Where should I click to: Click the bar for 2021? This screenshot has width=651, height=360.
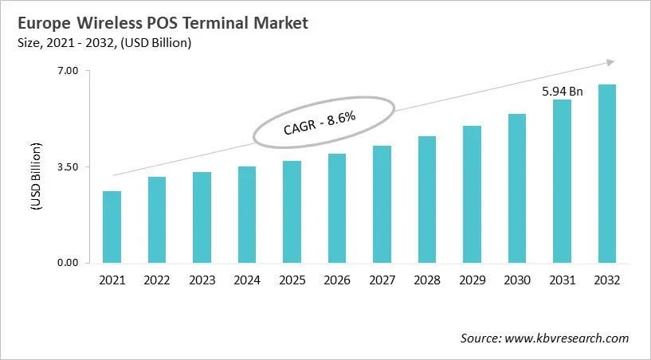(x=112, y=227)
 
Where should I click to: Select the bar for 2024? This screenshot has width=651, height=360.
(x=247, y=214)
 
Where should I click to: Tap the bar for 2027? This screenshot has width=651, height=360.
(x=382, y=204)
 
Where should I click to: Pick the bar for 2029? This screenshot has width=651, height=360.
(x=472, y=194)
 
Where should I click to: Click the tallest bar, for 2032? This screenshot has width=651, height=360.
(x=607, y=174)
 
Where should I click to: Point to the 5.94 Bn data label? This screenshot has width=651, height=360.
(x=563, y=92)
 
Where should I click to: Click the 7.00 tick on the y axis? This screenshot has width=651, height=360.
(x=67, y=71)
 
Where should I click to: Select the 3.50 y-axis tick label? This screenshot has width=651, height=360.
(x=67, y=167)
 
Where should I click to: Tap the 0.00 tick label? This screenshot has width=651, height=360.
(x=67, y=263)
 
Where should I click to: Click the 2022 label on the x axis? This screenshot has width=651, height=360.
(x=157, y=280)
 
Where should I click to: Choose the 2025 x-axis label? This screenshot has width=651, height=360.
(x=292, y=280)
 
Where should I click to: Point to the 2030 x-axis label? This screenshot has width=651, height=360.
(x=517, y=280)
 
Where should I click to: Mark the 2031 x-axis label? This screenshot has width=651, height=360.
(x=562, y=280)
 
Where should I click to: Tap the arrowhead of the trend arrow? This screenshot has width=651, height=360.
(x=610, y=61)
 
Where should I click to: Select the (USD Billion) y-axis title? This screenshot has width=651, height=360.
(x=36, y=176)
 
